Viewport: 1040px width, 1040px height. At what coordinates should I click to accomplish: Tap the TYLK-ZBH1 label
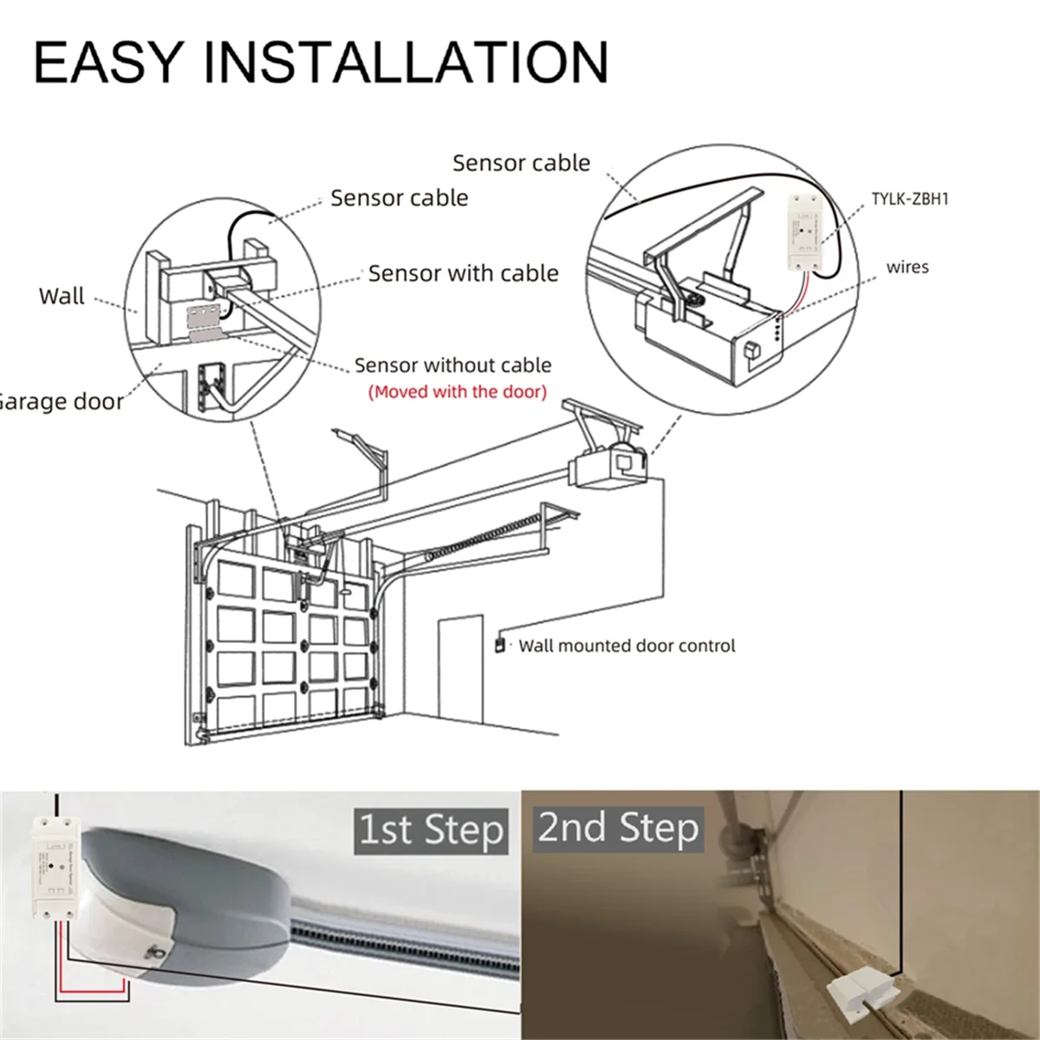(x=909, y=198)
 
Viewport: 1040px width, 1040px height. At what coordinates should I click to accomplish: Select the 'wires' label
(x=907, y=267)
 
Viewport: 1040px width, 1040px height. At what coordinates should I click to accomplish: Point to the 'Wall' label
(x=62, y=296)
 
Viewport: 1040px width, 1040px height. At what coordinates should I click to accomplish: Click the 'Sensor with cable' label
(x=463, y=274)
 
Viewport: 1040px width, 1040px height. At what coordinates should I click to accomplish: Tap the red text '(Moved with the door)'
(x=458, y=392)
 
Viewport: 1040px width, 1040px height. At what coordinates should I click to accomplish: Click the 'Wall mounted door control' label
(x=626, y=646)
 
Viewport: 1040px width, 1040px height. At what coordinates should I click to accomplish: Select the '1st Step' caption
(x=431, y=830)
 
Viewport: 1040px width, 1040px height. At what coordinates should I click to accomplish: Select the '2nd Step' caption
(x=618, y=828)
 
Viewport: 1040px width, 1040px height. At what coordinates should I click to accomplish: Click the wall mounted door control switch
(x=498, y=645)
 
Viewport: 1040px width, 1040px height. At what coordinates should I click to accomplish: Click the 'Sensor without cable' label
(x=452, y=366)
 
